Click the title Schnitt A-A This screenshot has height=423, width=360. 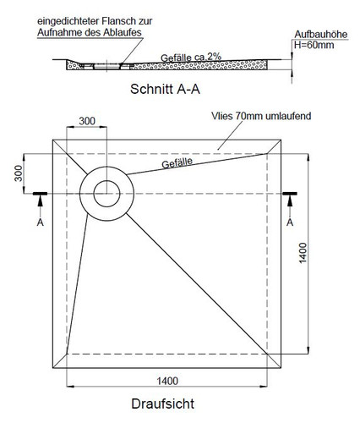165,89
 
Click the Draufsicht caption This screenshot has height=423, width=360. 163,404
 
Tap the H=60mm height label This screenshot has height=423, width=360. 314,45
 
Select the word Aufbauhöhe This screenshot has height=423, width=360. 321,35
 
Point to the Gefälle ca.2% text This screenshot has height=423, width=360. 191,58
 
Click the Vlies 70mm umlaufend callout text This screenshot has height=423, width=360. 261,116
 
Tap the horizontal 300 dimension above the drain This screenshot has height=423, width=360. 87,121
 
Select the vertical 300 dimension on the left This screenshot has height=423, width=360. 19,173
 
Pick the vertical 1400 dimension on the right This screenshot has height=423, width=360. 303,253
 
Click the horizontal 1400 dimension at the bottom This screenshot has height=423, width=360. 167,381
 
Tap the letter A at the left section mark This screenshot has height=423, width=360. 41,222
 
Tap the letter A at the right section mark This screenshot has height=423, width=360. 290,222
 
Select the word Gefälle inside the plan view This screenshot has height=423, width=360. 177,162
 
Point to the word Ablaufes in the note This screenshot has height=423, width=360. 123,32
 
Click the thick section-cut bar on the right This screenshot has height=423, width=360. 290,194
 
